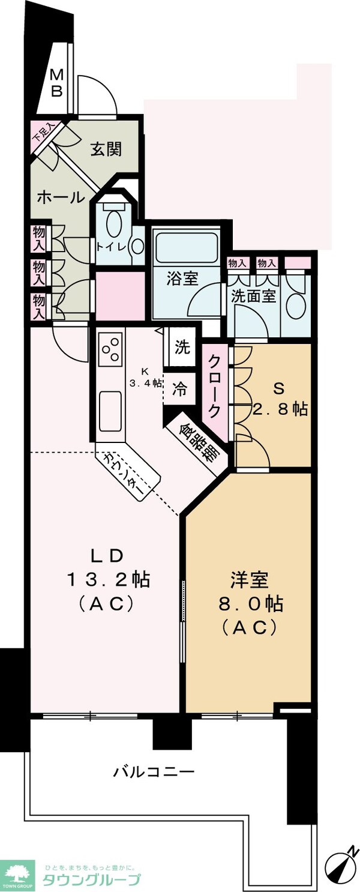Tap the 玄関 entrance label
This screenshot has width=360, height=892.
(x=106, y=149)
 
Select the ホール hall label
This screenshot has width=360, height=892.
(x=61, y=197)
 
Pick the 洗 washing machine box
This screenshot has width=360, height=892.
(x=182, y=346)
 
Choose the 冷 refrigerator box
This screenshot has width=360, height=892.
(x=179, y=389)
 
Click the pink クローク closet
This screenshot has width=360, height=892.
(x=214, y=393)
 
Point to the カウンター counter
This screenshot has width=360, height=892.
(x=128, y=471)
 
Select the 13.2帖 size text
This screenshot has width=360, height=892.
(x=108, y=580)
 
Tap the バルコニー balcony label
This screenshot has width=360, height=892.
(x=154, y=771)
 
